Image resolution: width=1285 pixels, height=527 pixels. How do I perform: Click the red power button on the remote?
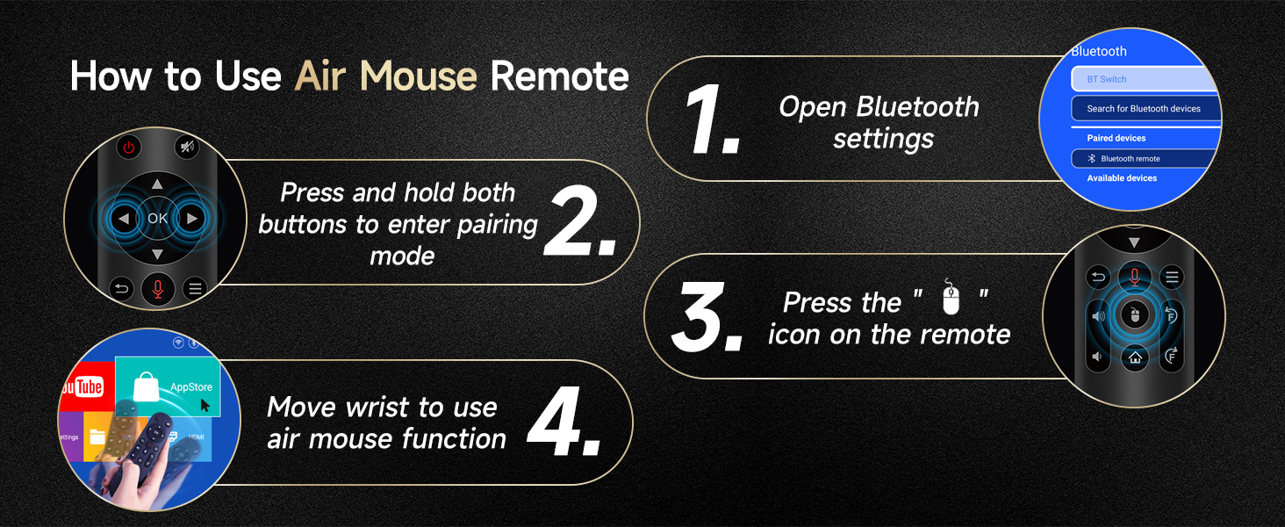(x=128, y=148)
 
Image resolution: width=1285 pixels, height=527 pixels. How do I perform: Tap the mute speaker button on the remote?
(x=187, y=148)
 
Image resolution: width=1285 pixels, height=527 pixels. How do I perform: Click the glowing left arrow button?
(x=124, y=218)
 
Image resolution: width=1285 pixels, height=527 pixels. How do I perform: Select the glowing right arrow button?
(x=191, y=218)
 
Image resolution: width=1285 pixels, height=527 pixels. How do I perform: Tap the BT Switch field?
(x=1145, y=79)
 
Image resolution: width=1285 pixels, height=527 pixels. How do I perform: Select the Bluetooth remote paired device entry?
(x=1144, y=158)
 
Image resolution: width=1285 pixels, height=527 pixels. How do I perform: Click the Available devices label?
(x=1122, y=178)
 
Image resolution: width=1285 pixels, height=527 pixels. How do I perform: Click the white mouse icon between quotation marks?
(x=951, y=297)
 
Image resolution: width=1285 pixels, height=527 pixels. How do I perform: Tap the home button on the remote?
(x=1135, y=358)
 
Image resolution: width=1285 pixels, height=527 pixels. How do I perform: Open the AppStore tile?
(x=168, y=386)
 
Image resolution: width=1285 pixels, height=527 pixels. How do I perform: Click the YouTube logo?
(x=83, y=387)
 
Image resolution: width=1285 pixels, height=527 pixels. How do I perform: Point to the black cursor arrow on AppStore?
(x=205, y=405)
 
